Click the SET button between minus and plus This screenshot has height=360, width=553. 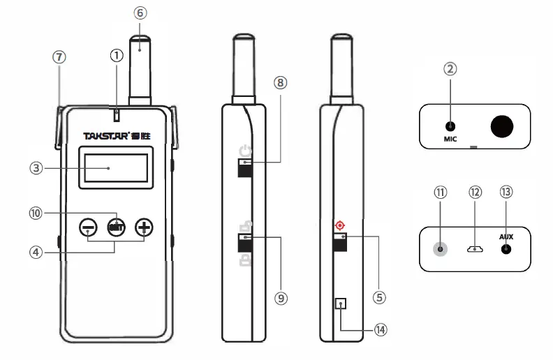tap(115, 226)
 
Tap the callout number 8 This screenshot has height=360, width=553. tap(281, 83)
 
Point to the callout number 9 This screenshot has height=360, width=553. tap(281, 298)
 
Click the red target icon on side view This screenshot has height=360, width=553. tap(340, 225)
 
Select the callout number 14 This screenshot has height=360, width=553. tap(380, 330)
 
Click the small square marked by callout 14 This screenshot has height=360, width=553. tap(341, 303)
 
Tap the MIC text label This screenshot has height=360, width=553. tap(450, 140)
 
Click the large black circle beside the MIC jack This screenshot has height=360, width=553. tap(501, 126)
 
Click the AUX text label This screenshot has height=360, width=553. tap(506, 237)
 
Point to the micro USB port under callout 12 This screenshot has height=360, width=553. tap(475, 248)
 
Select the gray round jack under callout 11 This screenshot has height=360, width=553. tap(441, 248)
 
